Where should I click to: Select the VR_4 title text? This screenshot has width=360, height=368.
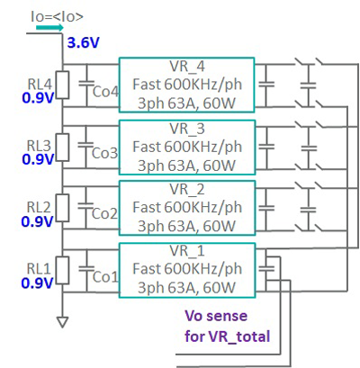(186, 67)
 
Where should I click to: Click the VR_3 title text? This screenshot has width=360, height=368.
(186, 129)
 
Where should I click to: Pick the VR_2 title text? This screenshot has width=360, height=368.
(186, 190)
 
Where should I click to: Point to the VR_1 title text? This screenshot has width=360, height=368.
(186, 250)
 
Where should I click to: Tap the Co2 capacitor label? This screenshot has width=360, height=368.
(106, 213)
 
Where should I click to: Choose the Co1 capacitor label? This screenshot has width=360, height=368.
(106, 276)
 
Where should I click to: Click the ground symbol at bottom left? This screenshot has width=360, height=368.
(61, 319)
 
